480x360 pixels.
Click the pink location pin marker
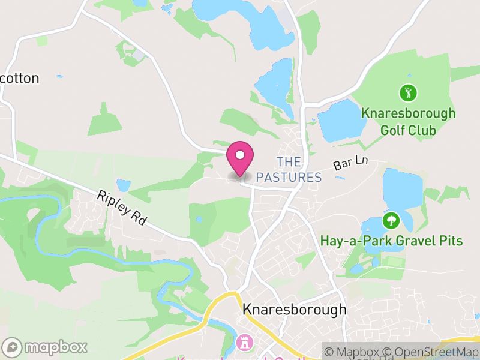coord(240,157)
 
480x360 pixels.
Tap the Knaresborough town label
coord(294,310)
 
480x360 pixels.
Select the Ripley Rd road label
coord(122,208)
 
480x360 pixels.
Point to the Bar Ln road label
coord(350,164)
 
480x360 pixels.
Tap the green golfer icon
coord(408,93)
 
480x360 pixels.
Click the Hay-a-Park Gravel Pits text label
coord(391,241)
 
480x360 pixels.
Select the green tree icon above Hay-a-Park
coord(391,220)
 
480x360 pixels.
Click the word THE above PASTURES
coord(289,163)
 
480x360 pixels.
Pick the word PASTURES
coord(289,178)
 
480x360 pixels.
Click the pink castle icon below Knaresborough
coord(245,343)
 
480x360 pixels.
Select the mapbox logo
coord(46,347)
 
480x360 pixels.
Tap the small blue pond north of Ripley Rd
coord(124,185)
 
